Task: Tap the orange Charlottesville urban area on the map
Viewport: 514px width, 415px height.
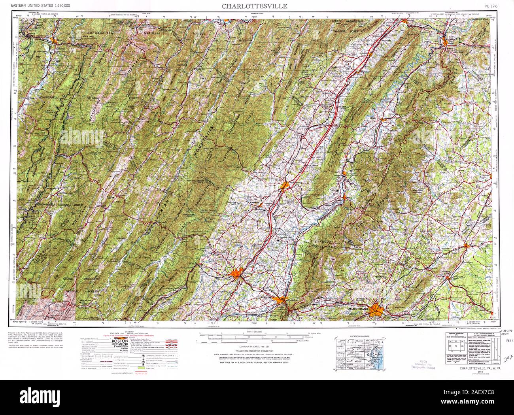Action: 376,309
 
